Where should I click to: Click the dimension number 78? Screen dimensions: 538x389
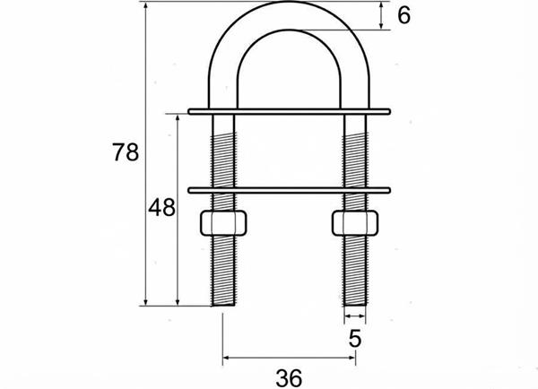pos(126,152)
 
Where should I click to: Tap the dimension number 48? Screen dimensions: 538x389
pos(161,207)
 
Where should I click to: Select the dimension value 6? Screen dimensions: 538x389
pos(403,15)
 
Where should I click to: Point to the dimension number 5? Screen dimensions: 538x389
pos(355,339)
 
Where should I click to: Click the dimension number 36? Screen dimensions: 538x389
pos(289,378)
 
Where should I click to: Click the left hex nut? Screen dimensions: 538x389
pos(223,223)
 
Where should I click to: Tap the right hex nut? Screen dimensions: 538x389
pos(355,223)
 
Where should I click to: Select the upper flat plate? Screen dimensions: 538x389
pos(290,111)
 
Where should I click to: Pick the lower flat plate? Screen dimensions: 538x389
pos(290,190)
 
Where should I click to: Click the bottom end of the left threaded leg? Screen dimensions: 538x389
pos(223,305)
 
